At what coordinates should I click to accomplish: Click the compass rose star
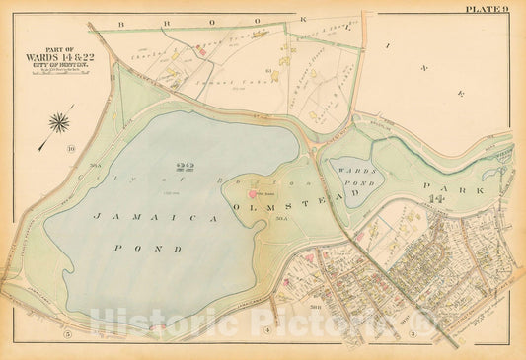click(x=58, y=123)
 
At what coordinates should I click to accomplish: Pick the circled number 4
click(x=267, y=328)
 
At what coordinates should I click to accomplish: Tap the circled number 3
click(x=412, y=334)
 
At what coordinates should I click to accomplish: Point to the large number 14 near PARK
click(x=436, y=201)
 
